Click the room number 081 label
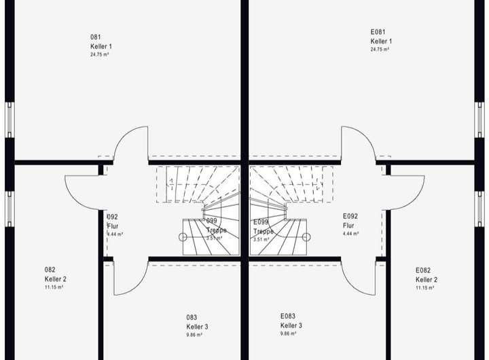click(x=95, y=37)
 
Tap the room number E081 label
click(x=378, y=32)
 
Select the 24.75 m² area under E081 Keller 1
click(x=380, y=50)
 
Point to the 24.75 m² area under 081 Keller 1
click(x=99, y=54)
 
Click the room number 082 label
click(x=50, y=270)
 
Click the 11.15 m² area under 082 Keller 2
click(x=54, y=288)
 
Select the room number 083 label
click(x=192, y=317)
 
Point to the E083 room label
click(x=288, y=316)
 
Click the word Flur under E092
click(x=348, y=226)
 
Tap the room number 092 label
click(x=113, y=217)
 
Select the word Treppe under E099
click(x=263, y=231)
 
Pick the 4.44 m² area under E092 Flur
click(x=350, y=234)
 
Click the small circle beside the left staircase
click(x=183, y=237)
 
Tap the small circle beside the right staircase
click(x=306, y=237)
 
